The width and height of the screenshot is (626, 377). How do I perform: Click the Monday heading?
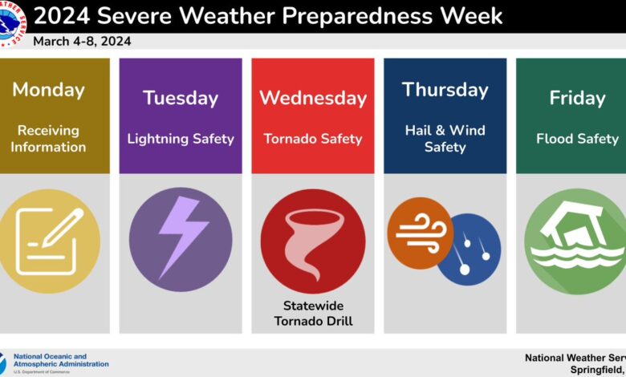pyautogui.click(x=48, y=89)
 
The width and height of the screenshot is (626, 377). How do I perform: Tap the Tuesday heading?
pyautogui.click(x=181, y=98)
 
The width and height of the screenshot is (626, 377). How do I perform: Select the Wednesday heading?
pyautogui.click(x=312, y=98)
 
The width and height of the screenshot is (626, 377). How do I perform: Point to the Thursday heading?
pyautogui.click(x=445, y=89)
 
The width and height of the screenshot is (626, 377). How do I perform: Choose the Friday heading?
pyautogui.click(x=577, y=98)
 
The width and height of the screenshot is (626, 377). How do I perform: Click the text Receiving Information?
pyautogui.click(x=48, y=138)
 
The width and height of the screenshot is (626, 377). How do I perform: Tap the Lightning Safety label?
pyautogui.click(x=181, y=139)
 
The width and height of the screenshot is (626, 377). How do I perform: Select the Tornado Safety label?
pyautogui.click(x=312, y=139)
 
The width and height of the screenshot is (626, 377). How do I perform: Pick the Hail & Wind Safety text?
pyautogui.click(x=445, y=138)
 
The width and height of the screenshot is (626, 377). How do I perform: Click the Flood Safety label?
pyautogui.click(x=577, y=139)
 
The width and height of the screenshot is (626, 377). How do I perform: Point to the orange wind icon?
pyautogui.click(x=420, y=233)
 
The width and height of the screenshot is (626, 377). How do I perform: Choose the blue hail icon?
pyautogui.click(x=469, y=249)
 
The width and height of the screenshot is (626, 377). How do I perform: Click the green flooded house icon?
pyautogui.click(x=575, y=241)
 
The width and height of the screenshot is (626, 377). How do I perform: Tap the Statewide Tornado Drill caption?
pyautogui.click(x=312, y=314)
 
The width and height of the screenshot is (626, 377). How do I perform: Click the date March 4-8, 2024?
pyautogui.click(x=82, y=41)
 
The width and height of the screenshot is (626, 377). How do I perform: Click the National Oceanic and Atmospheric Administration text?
pyautogui.click(x=61, y=361)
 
